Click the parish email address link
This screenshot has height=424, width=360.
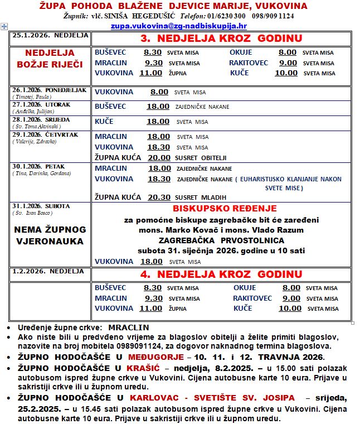(x=178, y=26)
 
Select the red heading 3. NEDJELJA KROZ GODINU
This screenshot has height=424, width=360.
(x=221, y=38)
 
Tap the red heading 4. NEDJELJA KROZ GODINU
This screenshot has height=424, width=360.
(x=221, y=274)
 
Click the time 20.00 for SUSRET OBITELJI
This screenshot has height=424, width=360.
(x=159, y=158)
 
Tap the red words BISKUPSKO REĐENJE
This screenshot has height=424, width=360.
(x=221, y=209)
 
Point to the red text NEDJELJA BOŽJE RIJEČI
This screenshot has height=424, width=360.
(x=50, y=59)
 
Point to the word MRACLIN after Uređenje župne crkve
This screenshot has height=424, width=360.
(x=128, y=327)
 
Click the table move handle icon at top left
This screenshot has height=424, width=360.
(x=4, y=26)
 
